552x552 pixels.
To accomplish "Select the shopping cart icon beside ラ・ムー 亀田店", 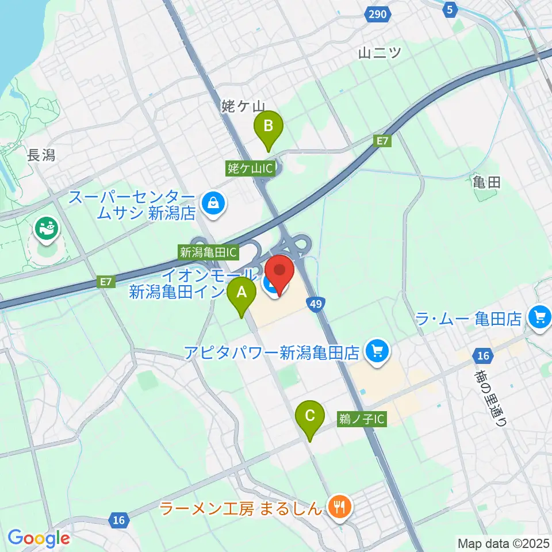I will [x=539, y=316].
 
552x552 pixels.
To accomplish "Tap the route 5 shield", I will [x=451, y=9].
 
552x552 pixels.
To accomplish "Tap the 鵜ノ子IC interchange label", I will [x=362, y=420].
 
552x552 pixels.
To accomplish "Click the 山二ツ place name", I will [x=379, y=53].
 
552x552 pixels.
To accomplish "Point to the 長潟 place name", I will [x=41, y=155].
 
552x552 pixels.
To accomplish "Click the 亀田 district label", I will [x=486, y=183].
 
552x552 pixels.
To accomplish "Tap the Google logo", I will [x=39, y=538].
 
